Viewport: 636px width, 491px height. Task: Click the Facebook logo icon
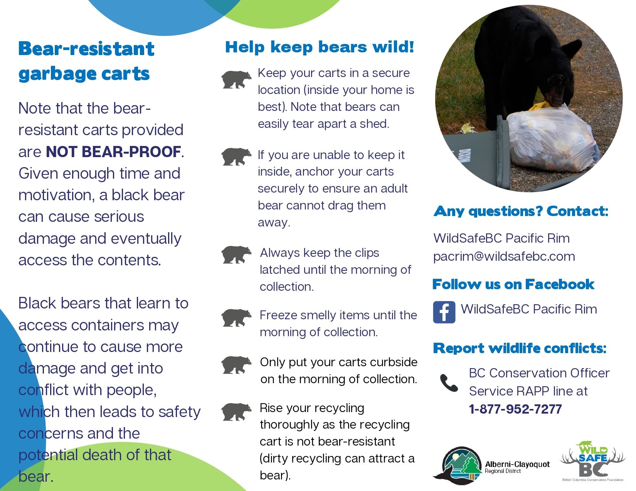444,312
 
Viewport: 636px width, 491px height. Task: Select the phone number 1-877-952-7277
515,409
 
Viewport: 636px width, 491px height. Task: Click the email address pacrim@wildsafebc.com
504,256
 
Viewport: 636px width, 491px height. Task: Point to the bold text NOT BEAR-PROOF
113,151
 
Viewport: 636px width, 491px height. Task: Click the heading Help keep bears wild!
320,47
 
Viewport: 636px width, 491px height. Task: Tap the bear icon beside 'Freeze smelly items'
236,318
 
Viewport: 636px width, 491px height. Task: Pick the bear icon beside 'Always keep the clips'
236,255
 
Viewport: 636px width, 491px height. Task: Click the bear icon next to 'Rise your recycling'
236,412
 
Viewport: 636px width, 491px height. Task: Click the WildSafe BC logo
593,461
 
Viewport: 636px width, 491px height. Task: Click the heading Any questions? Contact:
521,211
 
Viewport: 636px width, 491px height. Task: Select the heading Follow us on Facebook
513,284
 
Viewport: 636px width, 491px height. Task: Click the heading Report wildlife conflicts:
520,348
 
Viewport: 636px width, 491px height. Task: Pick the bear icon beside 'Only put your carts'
236,365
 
